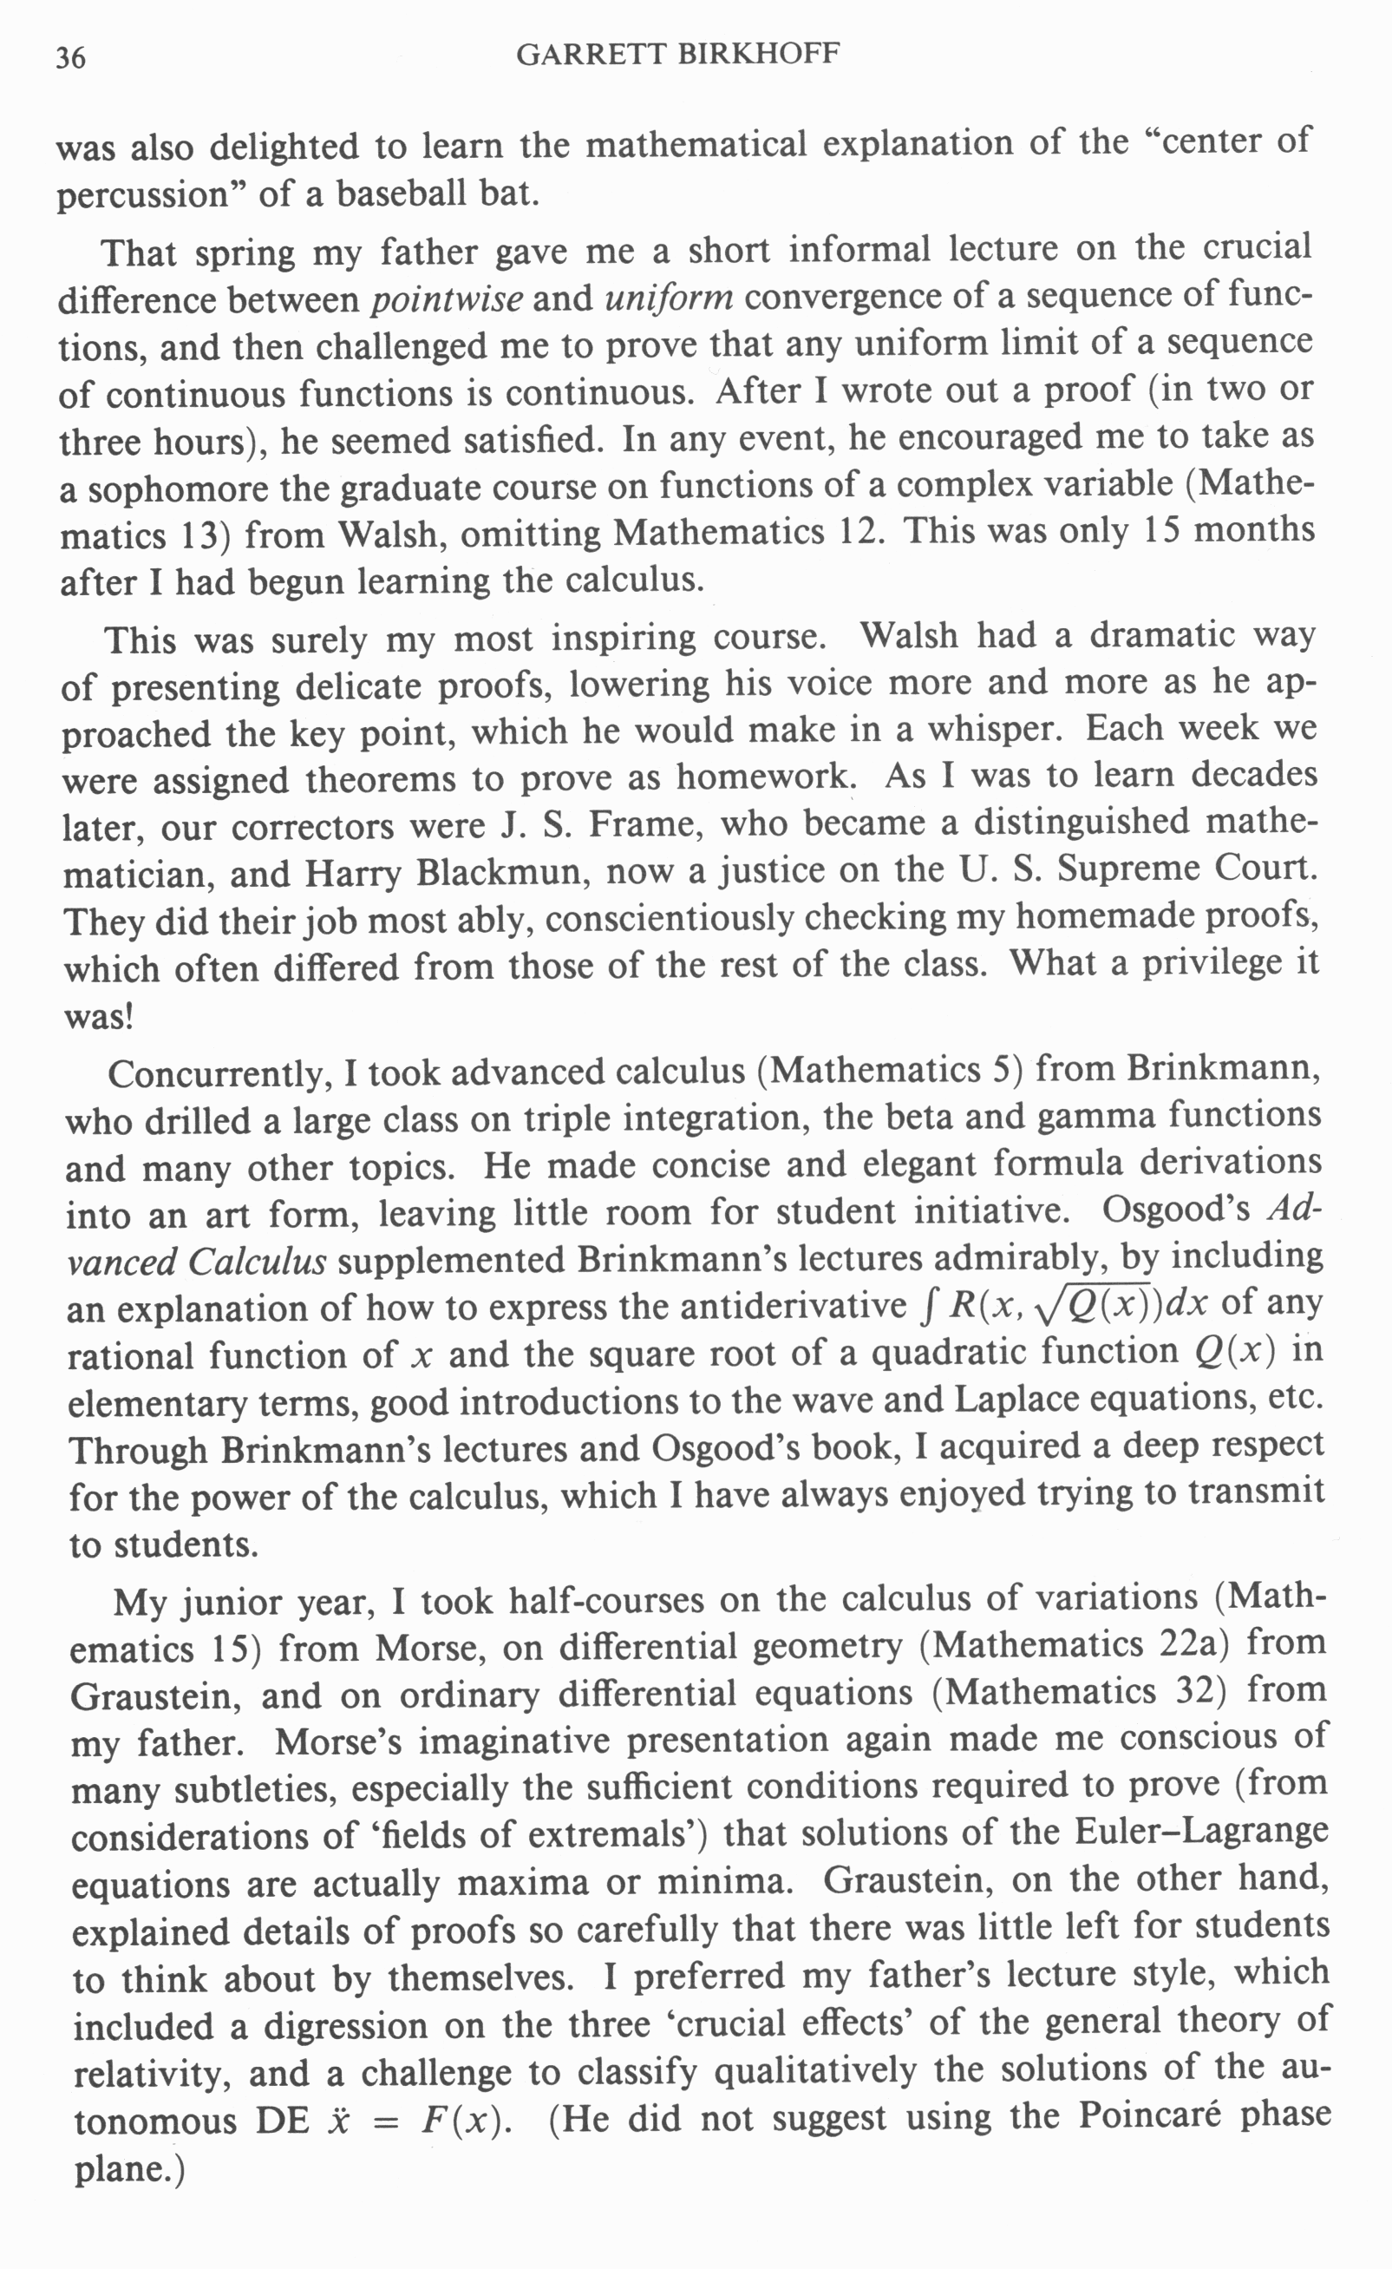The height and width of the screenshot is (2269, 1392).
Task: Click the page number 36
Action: click(70, 58)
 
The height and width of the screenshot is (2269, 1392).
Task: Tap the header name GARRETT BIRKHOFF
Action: click(677, 55)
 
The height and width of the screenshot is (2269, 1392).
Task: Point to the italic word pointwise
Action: click(448, 298)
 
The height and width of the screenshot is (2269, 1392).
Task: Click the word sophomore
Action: click(176, 489)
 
